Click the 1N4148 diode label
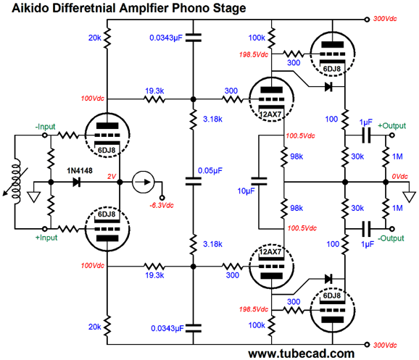(x=80, y=171)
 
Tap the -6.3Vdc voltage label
(x=162, y=206)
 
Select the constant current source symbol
(x=144, y=182)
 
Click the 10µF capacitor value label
(x=246, y=191)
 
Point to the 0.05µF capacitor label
(x=210, y=171)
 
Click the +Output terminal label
(x=391, y=126)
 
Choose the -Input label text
(x=45, y=127)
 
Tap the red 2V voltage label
(x=112, y=177)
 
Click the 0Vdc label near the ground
(x=400, y=177)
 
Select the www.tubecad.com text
(x=302, y=353)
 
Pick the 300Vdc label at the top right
(x=385, y=19)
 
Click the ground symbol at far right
(x=409, y=196)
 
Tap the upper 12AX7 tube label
(x=270, y=114)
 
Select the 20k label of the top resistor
(x=95, y=38)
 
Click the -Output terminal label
(x=391, y=238)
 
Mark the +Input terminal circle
(x=45, y=229)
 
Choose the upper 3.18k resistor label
(x=212, y=119)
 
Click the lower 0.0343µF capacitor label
(x=167, y=328)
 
